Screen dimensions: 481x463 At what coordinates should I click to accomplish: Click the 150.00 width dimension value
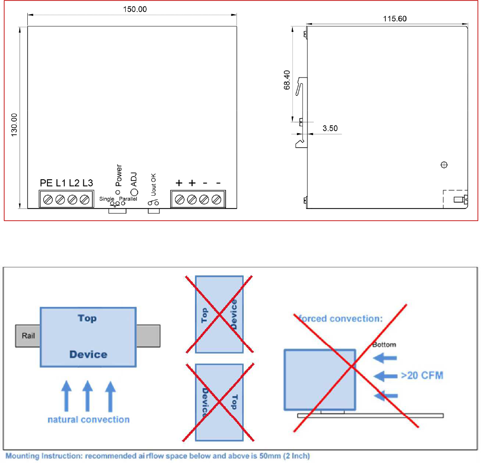[135, 9]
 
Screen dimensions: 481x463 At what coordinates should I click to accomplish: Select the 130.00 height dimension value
[14, 125]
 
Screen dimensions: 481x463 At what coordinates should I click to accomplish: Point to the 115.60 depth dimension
[395, 19]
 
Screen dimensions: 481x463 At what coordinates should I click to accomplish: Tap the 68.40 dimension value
[287, 80]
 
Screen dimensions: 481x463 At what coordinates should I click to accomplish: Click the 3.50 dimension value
[330, 128]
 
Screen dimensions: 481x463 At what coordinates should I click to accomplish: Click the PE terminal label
[46, 183]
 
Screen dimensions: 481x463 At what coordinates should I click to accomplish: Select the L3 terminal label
[88, 183]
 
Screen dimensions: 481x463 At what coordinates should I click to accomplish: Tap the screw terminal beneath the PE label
[48, 200]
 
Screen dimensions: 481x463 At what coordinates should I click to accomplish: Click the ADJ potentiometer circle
[134, 192]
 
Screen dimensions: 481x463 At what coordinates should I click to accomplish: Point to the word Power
[119, 175]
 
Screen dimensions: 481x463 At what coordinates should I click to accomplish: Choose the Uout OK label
[154, 185]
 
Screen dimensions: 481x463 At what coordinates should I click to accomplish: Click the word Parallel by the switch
[128, 199]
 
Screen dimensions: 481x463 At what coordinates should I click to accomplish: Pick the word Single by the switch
[107, 199]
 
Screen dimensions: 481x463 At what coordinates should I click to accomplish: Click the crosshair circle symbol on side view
[444, 165]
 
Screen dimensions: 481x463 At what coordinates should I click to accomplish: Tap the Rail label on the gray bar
[28, 335]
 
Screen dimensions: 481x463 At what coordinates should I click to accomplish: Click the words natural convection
[89, 419]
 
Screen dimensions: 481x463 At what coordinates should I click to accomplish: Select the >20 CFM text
[422, 375]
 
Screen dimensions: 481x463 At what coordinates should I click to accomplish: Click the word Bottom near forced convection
[384, 345]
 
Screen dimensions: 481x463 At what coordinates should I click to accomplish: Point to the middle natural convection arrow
[88, 396]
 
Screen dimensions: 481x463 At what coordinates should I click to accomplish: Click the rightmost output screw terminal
[216, 200]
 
